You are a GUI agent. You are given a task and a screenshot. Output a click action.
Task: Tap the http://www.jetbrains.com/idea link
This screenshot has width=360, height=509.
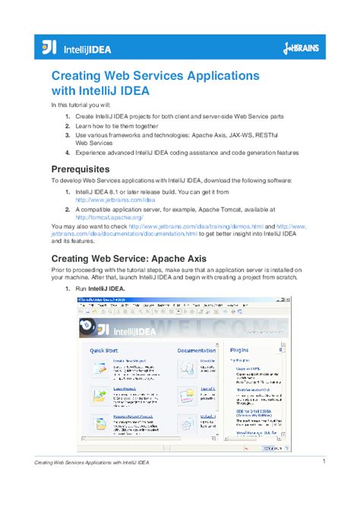point(112,200)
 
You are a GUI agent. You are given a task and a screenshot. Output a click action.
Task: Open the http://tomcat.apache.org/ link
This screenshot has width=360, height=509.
point(110,217)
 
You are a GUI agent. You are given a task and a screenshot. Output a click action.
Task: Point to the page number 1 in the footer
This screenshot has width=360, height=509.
point(324,461)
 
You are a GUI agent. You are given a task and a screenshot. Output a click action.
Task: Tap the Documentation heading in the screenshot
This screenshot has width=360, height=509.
point(196,350)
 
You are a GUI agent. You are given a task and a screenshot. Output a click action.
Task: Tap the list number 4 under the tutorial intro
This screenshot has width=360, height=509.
point(67,152)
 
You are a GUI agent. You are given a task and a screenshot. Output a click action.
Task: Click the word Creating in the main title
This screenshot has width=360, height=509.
point(79,77)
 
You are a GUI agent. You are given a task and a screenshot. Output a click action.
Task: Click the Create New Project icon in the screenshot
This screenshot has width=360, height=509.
point(100,369)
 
